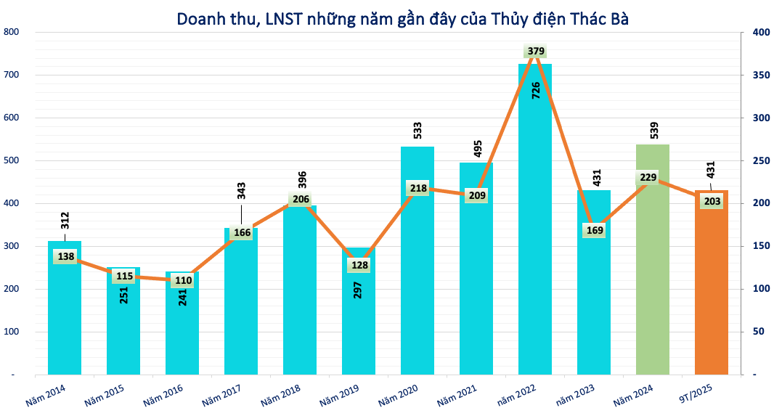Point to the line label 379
535,51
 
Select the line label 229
648,178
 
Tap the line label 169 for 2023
594,231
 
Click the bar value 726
536,90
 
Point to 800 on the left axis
11,32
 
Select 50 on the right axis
758,332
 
